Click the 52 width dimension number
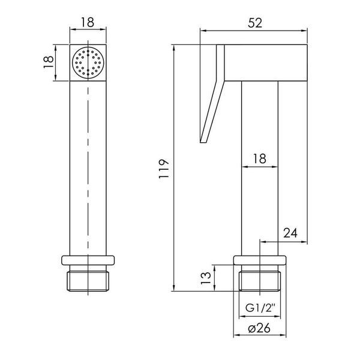[255, 23]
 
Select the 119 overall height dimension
[164, 168]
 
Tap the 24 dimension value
[290, 233]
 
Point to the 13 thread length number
[206, 278]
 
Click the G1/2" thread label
[260, 308]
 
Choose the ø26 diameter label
[259, 328]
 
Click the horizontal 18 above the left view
[88, 22]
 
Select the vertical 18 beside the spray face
[49, 62]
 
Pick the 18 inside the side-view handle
[260, 158]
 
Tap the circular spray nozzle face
[88, 62]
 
